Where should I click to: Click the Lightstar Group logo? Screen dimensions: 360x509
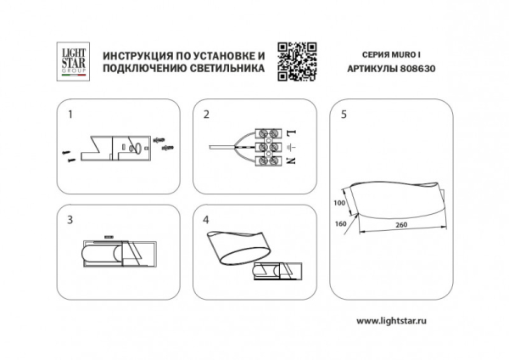coord(70,62)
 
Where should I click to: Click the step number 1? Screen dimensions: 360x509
coord(70,114)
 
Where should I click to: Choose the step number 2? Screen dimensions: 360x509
coord(205,114)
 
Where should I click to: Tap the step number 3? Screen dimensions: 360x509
coord(70,219)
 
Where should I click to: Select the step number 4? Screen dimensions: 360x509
coord(205,219)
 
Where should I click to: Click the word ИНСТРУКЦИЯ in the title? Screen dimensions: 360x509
coord(136,54)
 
